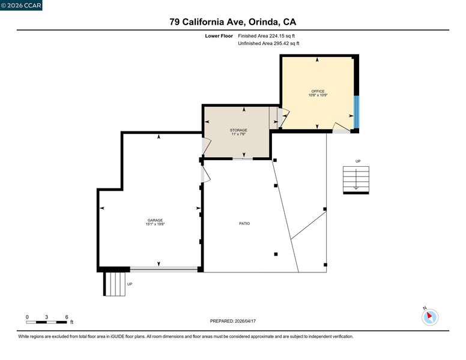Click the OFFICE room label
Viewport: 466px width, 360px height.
(318, 91)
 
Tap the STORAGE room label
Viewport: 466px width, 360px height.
(238, 130)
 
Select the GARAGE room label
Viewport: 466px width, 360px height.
(155, 220)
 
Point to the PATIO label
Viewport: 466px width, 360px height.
(244, 223)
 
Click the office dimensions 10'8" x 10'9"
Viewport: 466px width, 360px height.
(318, 95)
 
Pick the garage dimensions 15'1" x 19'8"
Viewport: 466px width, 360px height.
(155, 224)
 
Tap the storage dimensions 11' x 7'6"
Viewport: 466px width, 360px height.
(238, 134)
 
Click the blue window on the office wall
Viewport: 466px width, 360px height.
(356, 112)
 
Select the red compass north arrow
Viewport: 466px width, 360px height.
(429, 316)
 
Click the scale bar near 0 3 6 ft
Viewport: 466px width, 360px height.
(46, 322)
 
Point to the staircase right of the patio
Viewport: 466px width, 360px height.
(356, 180)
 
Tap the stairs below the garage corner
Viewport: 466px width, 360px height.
(115, 284)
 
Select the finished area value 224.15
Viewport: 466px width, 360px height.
(277, 36)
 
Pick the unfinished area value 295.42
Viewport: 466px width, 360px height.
(282, 43)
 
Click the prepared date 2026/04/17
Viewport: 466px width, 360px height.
(245, 321)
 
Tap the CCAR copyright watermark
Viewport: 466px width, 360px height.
(21, 5)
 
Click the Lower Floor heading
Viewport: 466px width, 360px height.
(219, 36)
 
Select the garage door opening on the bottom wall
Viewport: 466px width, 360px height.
(164, 270)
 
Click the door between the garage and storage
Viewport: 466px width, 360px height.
(206, 146)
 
